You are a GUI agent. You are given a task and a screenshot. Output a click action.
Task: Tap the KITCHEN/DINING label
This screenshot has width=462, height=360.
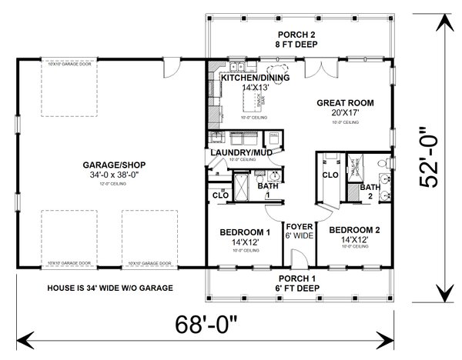click(250, 78)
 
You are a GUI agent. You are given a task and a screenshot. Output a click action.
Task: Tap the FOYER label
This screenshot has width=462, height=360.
click(300, 226)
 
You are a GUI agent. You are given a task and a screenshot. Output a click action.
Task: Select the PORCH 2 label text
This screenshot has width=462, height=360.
click(296, 35)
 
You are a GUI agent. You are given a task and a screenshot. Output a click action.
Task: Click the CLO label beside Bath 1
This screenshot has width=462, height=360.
click(219, 196)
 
